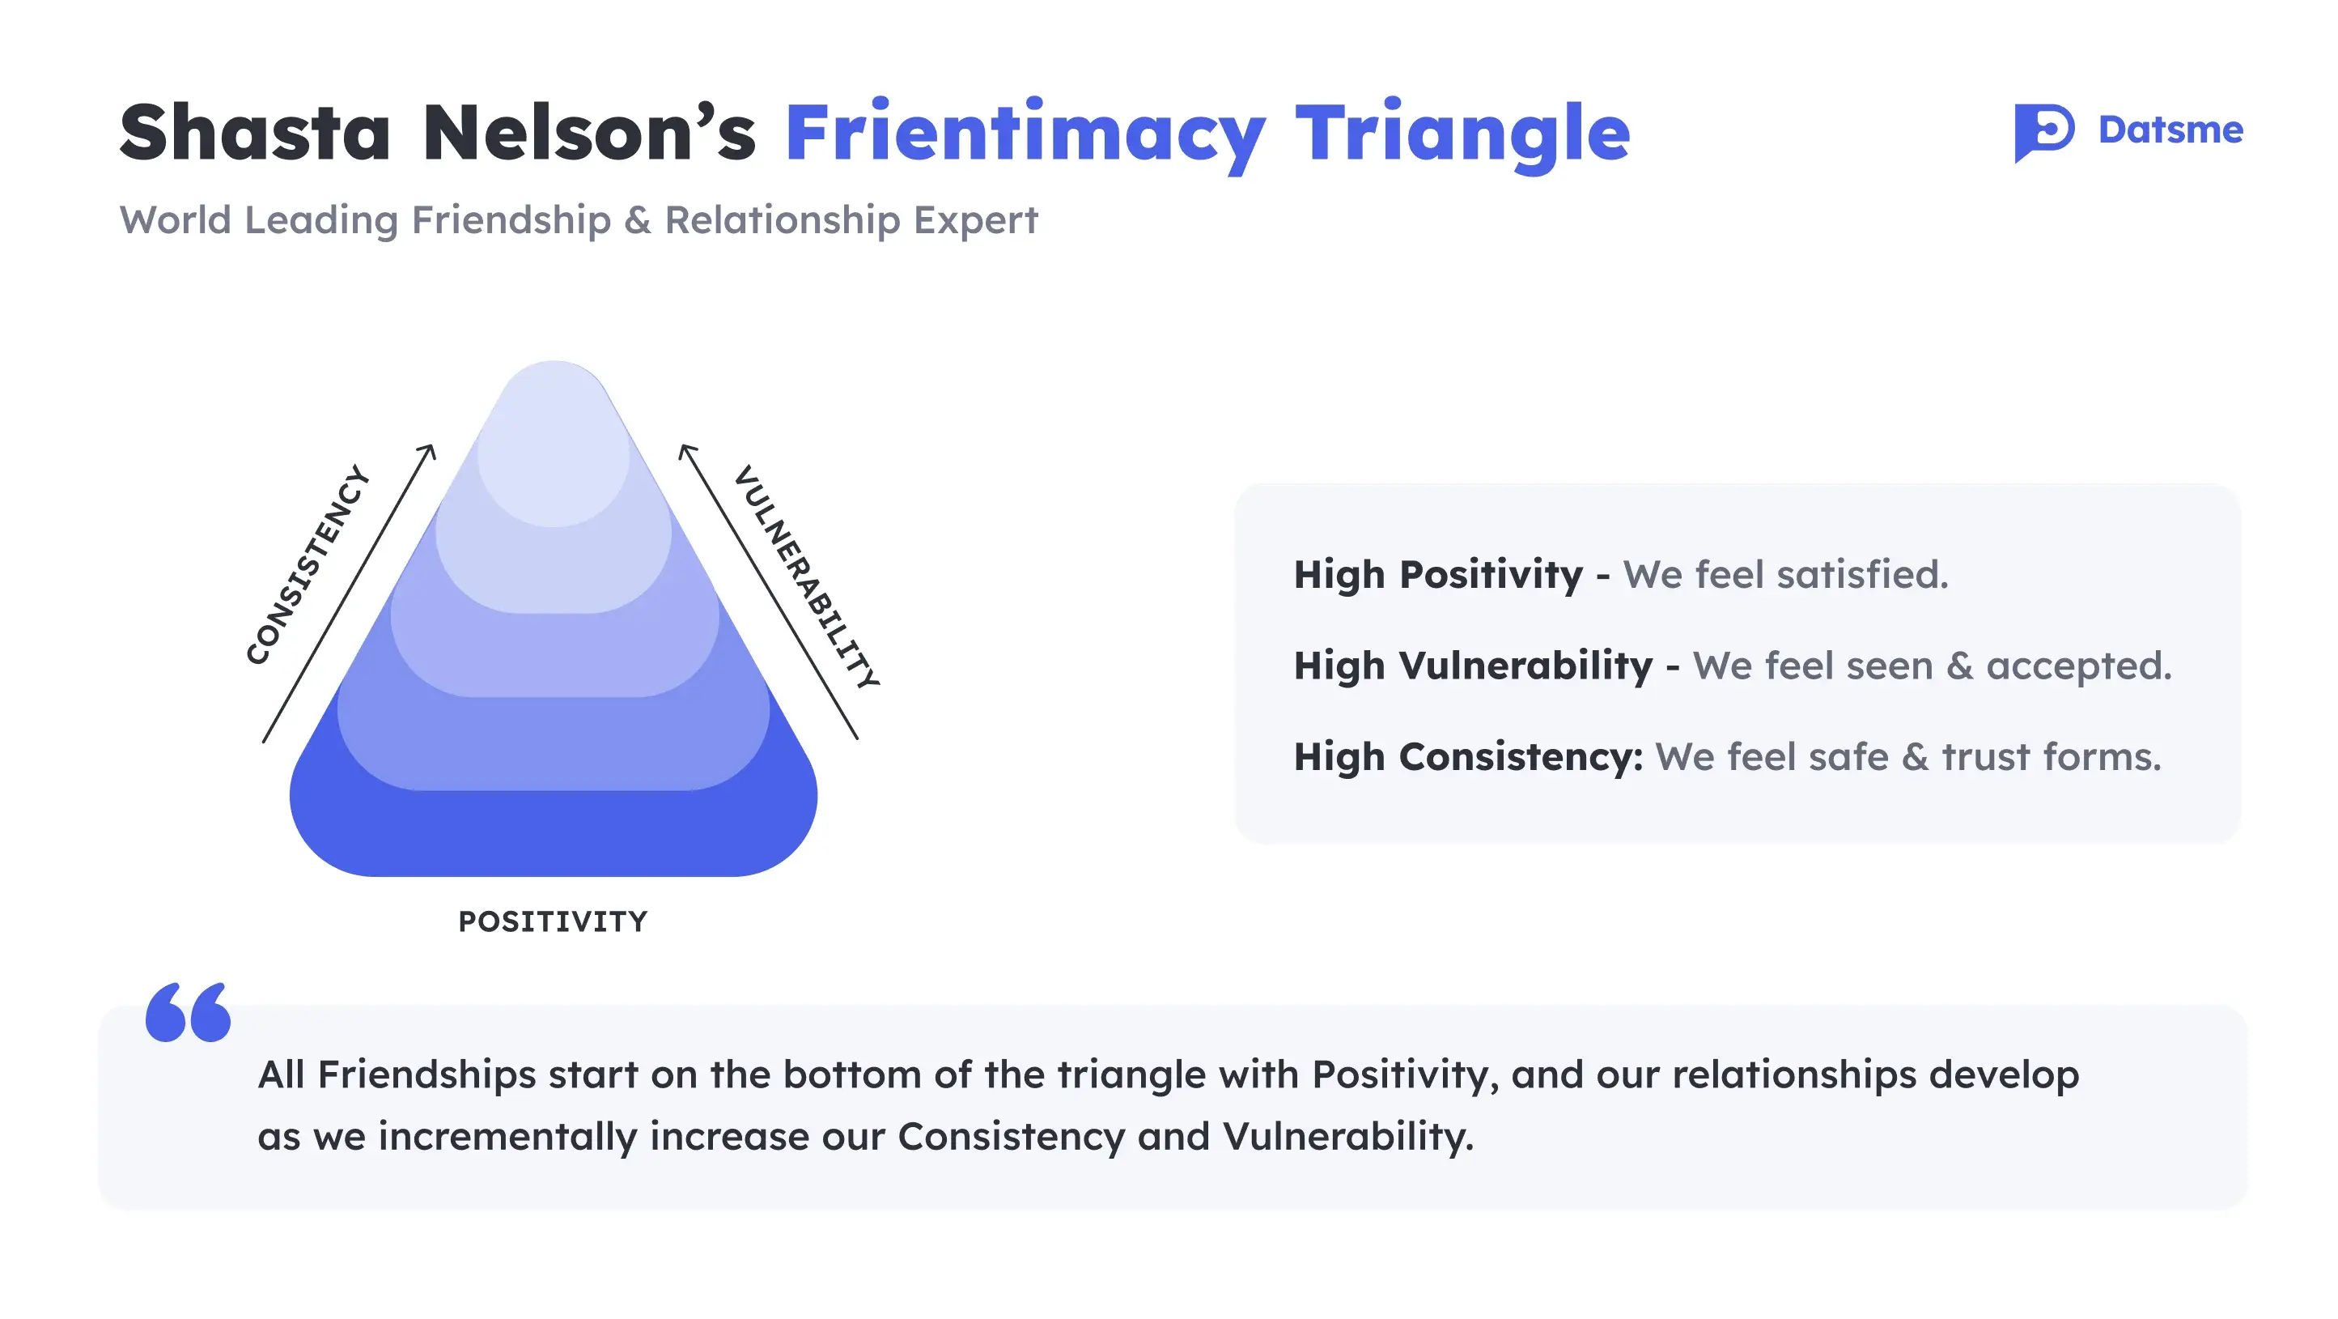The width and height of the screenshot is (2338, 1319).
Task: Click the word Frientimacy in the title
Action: [x=1025, y=134]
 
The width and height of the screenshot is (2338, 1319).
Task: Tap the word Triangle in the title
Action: [x=1462, y=134]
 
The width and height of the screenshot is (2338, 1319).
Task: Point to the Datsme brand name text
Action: [x=2170, y=130]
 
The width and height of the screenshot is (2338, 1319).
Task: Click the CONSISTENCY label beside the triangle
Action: [x=308, y=564]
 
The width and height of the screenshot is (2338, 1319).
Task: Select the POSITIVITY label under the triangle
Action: [x=553, y=921]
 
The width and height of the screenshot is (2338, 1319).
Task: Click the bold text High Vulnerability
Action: [x=1473, y=666]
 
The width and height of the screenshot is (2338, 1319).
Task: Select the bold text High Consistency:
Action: [x=1467, y=757]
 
